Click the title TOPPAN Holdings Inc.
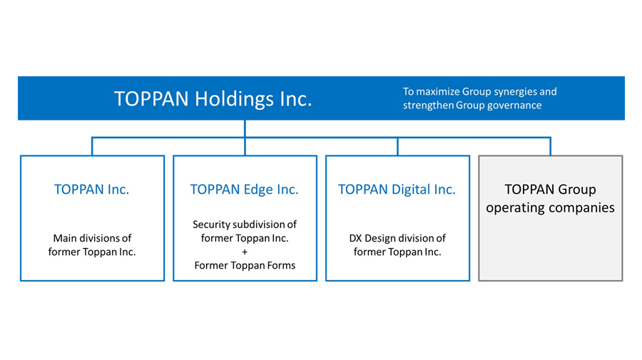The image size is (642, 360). click(213, 99)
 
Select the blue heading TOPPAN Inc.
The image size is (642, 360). click(92, 190)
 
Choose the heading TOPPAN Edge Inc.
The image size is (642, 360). click(245, 190)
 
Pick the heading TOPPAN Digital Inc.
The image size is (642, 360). click(397, 190)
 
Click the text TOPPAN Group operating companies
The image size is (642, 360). click(550, 198)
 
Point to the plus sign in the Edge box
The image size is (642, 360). click(245, 252)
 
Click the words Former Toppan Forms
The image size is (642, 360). click(245, 265)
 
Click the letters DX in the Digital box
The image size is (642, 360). click(355, 238)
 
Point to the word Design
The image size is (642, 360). click(380, 239)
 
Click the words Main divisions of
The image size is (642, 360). click(92, 238)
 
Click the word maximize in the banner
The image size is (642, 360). click(438, 92)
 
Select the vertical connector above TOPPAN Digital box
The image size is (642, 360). click(397, 146)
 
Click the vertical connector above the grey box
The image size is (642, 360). click(550, 146)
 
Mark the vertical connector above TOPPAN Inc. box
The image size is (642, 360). click(92, 146)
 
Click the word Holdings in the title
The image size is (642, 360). click(233, 100)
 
